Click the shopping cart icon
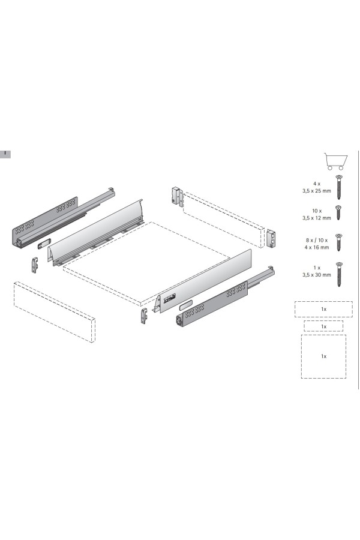point(335,161)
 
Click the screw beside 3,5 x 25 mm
point(339,187)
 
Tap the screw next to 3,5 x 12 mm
point(338,213)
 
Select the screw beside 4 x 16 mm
point(338,242)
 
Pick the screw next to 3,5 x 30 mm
point(339,274)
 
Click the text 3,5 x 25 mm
point(317,190)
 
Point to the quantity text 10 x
point(317,211)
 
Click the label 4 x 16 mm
point(317,247)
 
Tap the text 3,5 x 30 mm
point(317,275)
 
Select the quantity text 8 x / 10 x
point(317,241)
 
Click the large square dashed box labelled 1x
point(323,356)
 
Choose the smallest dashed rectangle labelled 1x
point(323,326)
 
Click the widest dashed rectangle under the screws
point(323,309)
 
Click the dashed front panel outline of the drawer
point(54,311)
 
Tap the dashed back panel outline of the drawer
point(224,220)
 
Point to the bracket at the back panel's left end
point(177,196)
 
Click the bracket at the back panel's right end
point(271,239)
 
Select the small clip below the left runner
point(34,265)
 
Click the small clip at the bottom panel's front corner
point(144,316)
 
